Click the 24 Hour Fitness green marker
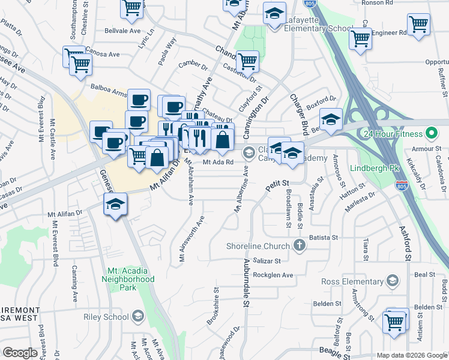(x=431, y=133)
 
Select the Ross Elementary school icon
(x=393, y=280)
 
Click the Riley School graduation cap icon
(x=137, y=317)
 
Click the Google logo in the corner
(x=20, y=353)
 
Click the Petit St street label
(x=278, y=183)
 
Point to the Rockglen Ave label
(x=273, y=275)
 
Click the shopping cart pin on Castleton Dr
(x=247, y=61)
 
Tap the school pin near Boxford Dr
(x=330, y=119)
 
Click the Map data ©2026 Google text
(x=411, y=355)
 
